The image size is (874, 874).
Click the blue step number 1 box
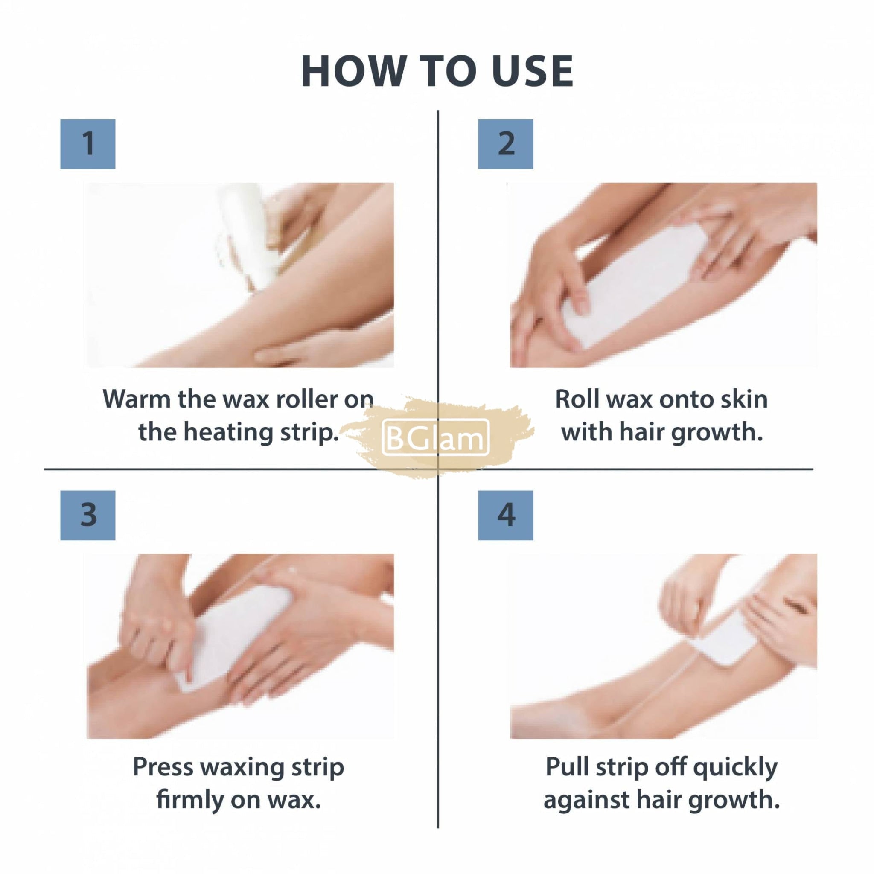tap(88, 144)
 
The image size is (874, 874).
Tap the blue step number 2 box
tap(505, 144)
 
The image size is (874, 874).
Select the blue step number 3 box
tap(88, 515)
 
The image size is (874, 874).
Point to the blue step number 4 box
tap(505, 515)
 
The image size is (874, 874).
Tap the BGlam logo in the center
tap(436, 437)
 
